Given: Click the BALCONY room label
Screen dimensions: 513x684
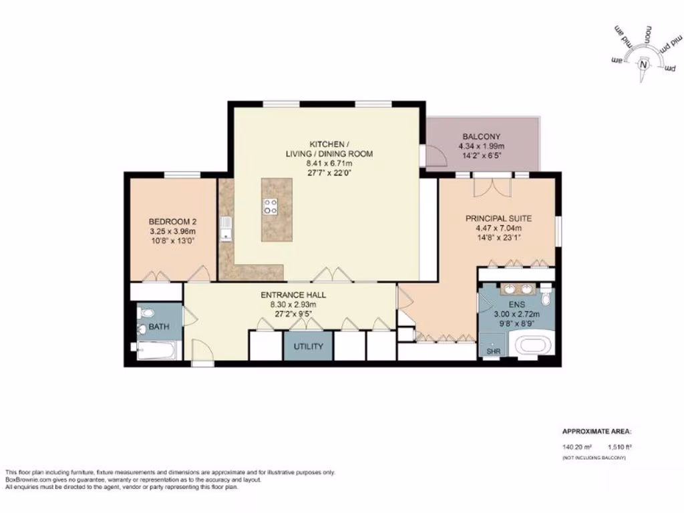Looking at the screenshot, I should point(481,136).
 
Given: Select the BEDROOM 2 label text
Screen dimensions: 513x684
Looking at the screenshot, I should point(172,222).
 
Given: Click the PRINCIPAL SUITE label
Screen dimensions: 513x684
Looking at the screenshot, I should point(496,218).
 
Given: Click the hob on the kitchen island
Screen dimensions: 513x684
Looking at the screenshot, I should point(271,206).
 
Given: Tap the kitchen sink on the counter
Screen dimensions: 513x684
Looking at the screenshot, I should point(227,228).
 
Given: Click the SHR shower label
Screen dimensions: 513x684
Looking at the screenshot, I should point(493,351).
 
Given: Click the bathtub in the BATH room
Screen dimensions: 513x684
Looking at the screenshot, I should point(156,350).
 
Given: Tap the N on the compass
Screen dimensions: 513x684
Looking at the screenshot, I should point(643,65).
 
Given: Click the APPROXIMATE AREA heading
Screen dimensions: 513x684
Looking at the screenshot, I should point(596,432).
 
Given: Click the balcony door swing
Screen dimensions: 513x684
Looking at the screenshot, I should point(436,156).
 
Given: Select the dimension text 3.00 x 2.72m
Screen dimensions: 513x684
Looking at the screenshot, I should point(516,313).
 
